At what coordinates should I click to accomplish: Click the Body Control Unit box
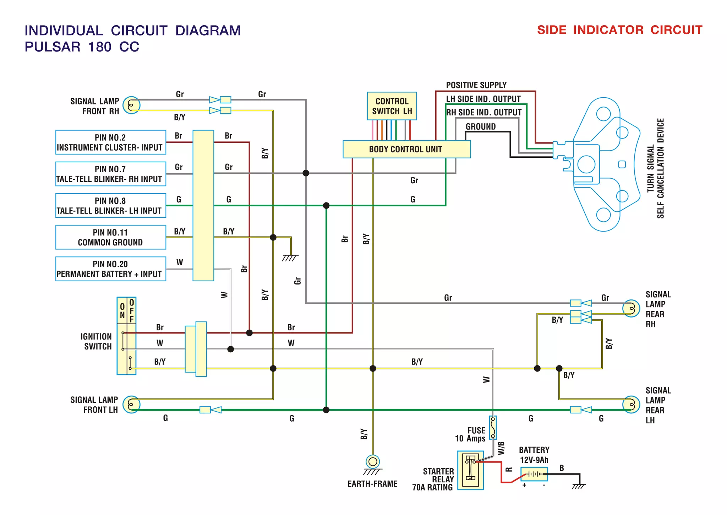click(406, 149)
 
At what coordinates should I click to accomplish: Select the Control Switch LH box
click(392, 106)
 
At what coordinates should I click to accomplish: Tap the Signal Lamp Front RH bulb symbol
click(131, 105)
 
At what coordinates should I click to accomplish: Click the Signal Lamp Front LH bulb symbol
click(131, 404)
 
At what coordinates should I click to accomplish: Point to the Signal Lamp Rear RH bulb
click(631, 308)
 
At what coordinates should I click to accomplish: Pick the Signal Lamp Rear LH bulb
click(631, 404)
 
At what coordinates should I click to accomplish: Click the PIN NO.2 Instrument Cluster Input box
click(110, 142)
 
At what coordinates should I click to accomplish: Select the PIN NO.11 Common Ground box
click(110, 237)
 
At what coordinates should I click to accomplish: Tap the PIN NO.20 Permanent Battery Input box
click(110, 269)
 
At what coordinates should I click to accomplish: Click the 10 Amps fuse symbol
click(493, 428)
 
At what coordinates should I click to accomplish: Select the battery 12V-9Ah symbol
click(534, 474)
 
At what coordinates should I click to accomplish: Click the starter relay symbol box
click(470, 470)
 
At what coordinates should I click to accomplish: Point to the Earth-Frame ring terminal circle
click(373, 462)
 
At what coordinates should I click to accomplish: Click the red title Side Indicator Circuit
click(619, 30)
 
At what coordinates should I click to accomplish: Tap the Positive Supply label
click(476, 85)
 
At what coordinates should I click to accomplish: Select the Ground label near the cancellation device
click(481, 127)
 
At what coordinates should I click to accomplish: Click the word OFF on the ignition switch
click(132, 311)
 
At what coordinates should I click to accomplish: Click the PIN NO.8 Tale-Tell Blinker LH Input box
click(110, 206)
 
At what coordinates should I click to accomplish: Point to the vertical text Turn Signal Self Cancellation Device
click(655, 168)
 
